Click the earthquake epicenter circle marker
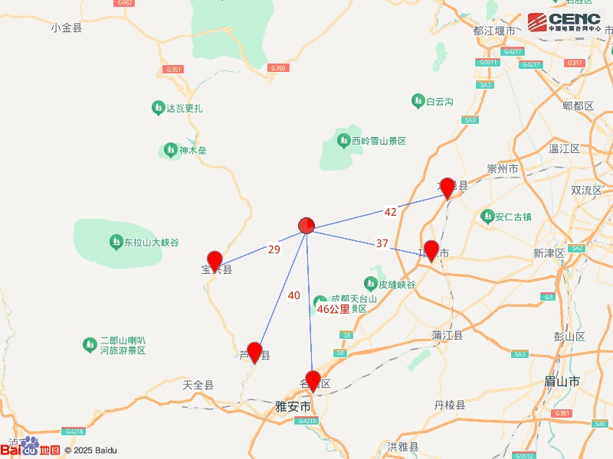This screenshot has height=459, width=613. pos(306,225)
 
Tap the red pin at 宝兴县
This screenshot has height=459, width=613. pos(215,260)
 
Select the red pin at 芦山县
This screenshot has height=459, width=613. pos(255,352)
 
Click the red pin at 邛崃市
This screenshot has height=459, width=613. pos(431,249)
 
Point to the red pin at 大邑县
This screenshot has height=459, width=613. pos(447,187)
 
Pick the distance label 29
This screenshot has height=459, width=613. pos(274,249)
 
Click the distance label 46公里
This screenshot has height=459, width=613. pos(333,310)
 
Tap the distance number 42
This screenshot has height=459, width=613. pos(391,212)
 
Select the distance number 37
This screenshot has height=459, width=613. pos(382,243)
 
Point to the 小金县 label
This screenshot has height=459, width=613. pos(67,28)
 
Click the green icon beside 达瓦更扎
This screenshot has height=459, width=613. pos(158,107)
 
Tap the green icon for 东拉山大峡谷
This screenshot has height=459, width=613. pos(115,243)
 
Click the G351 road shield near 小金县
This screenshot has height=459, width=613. pos(173,70)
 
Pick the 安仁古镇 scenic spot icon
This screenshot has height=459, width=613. pos(487,216)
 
